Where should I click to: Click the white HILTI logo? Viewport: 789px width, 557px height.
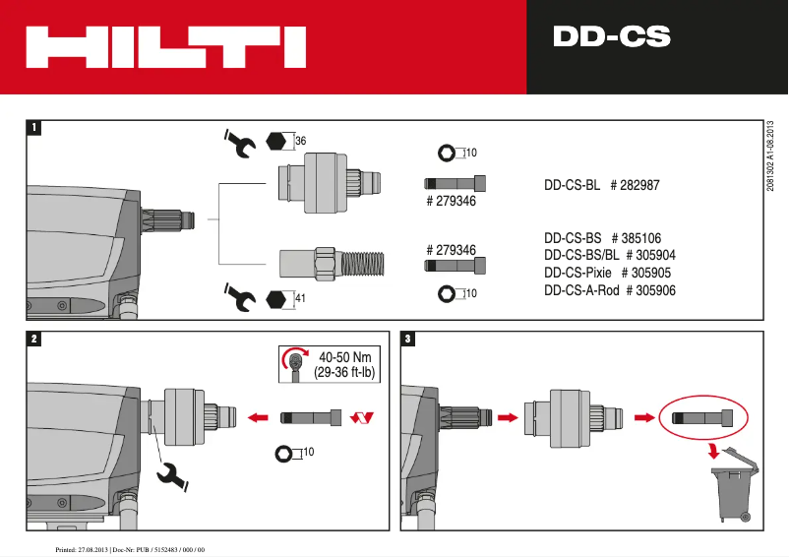[x=164, y=47]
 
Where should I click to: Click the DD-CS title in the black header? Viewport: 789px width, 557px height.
[x=611, y=38]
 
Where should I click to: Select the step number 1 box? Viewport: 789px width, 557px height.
[x=35, y=128]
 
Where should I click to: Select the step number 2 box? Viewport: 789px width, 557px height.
[x=35, y=340]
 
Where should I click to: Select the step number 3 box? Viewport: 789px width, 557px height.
[x=409, y=340]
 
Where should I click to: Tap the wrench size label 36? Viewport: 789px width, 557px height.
[x=301, y=142]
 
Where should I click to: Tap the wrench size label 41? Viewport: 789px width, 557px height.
[x=301, y=297]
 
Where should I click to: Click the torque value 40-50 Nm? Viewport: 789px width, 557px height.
[x=346, y=356]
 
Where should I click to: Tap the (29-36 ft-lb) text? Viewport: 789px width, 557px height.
[x=346, y=373]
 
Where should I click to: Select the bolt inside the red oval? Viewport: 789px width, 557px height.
[x=702, y=417]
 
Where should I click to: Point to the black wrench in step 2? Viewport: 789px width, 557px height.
[x=175, y=476]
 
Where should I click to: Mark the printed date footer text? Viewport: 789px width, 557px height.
[x=129, y=547]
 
